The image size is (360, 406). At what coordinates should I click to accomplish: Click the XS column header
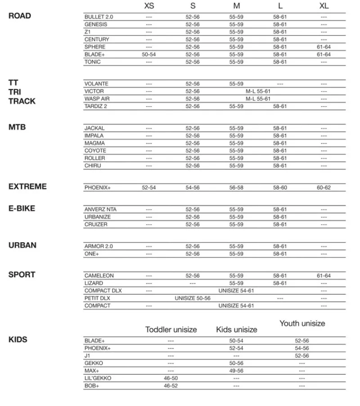149,6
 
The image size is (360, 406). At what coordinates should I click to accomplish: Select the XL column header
324,6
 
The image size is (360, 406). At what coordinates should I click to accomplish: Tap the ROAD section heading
20,16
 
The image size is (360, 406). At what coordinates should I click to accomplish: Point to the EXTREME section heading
27,186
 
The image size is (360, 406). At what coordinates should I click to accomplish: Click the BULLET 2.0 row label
99,17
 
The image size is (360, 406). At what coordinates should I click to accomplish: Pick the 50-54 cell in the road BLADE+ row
149,54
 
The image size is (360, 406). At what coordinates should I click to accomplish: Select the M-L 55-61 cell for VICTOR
258,91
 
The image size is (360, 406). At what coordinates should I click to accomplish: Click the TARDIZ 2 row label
96,106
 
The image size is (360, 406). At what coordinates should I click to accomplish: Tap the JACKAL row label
94,128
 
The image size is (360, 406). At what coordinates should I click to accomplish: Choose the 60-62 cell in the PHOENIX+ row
324,187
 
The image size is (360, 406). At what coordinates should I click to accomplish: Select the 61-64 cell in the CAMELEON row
324,275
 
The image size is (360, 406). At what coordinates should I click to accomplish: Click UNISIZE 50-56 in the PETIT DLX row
193,298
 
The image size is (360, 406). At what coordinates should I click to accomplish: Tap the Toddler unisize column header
171,329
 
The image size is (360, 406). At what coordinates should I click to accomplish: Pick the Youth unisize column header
302,323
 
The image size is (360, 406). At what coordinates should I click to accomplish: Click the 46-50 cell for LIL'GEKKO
171,378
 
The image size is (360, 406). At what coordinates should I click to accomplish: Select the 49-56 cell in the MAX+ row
236,370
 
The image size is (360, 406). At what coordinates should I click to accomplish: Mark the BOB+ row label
91,386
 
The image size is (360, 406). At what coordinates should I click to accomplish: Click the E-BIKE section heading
22,208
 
